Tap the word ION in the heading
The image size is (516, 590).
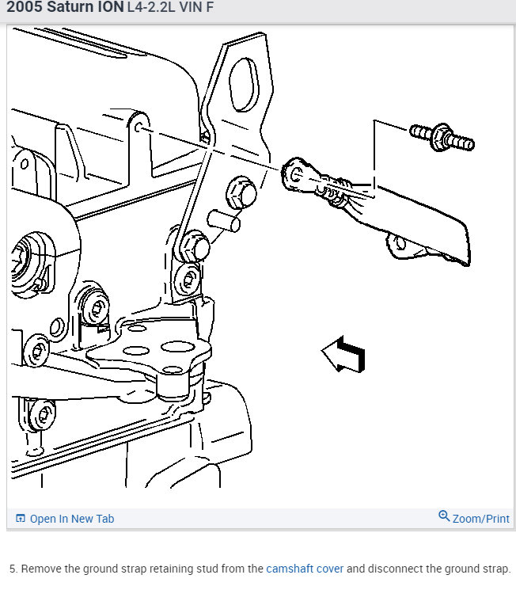tap(108, 9)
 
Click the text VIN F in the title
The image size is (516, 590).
tap(198, 9)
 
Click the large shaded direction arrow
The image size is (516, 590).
tap(344, 354)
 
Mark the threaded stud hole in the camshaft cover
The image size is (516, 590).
tap(139, 127)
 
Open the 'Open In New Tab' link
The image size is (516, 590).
tap(71, 519)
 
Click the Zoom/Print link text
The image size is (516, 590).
tap(480, 519)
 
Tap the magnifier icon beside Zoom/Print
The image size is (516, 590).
tap(444, 517)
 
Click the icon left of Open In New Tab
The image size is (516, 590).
tap(21, 519)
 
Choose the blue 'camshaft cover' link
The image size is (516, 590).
tap(305, 569)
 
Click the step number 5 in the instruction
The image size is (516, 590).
tap(12, 569)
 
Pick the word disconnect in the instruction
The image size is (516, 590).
tap(393, 569)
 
